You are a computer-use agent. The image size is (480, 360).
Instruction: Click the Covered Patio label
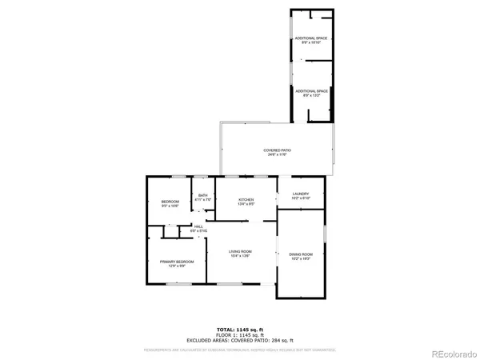point(277,150)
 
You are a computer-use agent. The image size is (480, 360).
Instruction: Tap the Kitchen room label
point(246,199)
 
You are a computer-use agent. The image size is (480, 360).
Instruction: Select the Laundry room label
point(301,194)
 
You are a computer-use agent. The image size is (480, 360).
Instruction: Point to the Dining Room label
point(301,254)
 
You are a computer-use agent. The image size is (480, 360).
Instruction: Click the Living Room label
point(241,251)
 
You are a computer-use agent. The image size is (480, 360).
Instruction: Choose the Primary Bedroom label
point(177,262)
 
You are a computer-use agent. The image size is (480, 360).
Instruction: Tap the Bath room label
point(203,195)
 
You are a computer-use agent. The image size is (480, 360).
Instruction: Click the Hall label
point(198,226)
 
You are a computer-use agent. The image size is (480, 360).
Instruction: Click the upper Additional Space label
point(312,38)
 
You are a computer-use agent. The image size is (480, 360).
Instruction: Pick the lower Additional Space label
point(312,91)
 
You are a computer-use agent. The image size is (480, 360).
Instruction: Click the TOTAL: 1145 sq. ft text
point(240,330)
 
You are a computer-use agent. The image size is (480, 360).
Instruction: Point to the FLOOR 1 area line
point(240,335)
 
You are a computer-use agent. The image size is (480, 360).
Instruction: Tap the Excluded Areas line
point(240,341)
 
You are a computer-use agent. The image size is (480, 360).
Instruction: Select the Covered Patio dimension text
point(277,155)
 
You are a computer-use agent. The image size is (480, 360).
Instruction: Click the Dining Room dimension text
point(301,259)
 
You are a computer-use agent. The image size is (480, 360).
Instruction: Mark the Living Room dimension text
point(241,256)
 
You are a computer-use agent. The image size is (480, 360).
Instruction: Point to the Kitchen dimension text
point(246,204)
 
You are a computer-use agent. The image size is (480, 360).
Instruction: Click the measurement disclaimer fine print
point(240,350)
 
